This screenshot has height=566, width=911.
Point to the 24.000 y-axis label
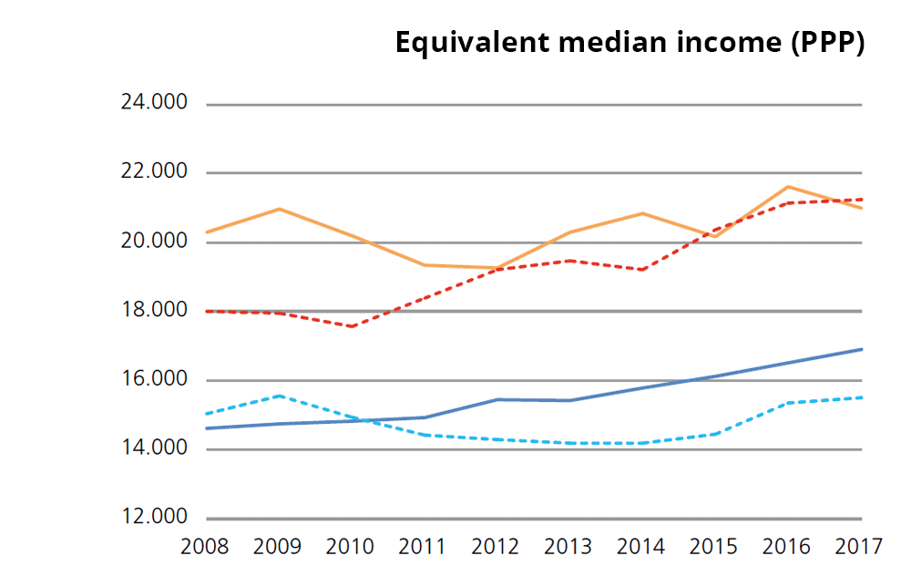point(154,103)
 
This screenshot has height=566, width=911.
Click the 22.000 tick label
point(154,172)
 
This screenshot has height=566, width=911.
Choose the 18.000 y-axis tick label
point(154,311)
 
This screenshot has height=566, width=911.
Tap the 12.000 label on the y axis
point(154,518)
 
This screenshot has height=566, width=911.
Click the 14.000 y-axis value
point(154,448)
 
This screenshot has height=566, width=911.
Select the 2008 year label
point(205,547)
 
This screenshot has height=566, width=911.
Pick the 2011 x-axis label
point(423,547)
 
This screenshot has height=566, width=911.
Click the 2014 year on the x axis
point(640,547)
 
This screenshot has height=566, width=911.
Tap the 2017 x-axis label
point(858,547)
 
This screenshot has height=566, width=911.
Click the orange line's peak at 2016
point(788,187)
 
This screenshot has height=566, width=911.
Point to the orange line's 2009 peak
point(279,209)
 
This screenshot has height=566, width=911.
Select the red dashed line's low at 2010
point(352,326)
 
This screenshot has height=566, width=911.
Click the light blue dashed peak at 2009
point(279,396)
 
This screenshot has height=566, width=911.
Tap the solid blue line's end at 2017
point(861,349)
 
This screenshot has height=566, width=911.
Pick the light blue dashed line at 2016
point(788,402)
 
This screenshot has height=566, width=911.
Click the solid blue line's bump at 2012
point(497,399)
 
